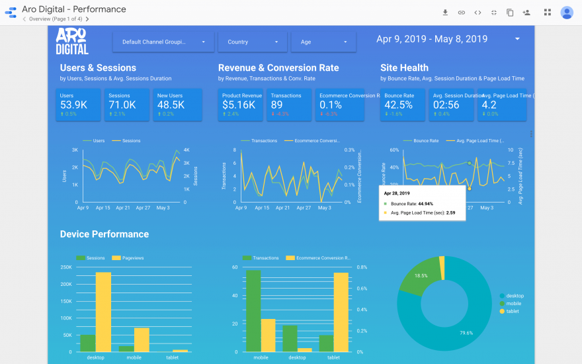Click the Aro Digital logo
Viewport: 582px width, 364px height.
point(72,41)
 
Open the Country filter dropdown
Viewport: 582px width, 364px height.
point(253,42)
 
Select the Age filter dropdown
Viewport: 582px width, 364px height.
point(323,42)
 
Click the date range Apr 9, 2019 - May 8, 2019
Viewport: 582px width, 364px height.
point(432,39)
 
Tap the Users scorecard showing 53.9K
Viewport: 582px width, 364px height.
point(79,105)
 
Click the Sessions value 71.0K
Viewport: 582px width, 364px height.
point(122,105)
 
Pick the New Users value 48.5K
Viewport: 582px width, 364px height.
point(171,105)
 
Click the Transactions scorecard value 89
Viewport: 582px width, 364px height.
point(277,105)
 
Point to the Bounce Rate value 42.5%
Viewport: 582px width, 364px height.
point(398,105)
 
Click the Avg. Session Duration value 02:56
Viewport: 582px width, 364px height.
point(446,105)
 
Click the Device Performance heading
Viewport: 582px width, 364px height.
point(104,234)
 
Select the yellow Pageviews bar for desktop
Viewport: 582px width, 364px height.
point(103,311)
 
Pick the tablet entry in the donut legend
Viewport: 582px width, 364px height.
point(512,311)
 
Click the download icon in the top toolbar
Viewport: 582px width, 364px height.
point(445,12)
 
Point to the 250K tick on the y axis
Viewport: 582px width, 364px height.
point(66,267)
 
